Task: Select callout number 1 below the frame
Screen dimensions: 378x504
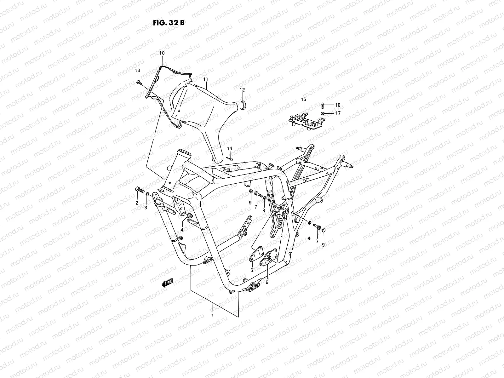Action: point(212,315)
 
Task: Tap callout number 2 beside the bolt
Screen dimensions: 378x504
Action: point(137,203)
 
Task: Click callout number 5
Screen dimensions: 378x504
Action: point(252,270)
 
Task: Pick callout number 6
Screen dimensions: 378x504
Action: point(267,283)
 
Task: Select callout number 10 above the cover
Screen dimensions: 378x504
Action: point(170,53)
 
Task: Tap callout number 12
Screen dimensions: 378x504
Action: point(242,90)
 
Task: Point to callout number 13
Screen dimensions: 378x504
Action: point(137,70)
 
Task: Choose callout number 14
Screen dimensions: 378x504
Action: point(230,148)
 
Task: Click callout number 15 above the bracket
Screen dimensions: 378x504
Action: point(303,100)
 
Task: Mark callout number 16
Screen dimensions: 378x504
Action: point(338,105)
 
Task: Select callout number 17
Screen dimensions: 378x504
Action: point(338,113)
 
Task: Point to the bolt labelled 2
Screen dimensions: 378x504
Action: point(139,190)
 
